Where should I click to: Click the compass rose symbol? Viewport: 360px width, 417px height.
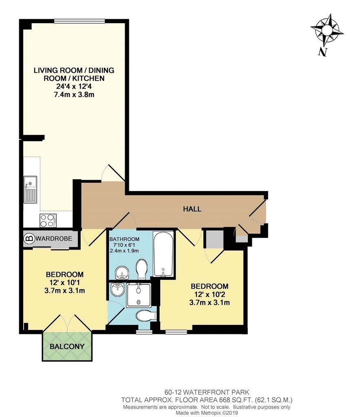point(327,30)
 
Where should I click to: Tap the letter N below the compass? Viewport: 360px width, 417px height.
point(322,52)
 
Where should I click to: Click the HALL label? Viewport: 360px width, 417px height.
point(192,209)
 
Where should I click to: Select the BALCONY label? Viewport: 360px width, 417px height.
point(67,346)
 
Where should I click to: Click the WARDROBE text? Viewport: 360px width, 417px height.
point(54,238)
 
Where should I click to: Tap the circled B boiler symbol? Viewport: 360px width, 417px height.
point(29,238)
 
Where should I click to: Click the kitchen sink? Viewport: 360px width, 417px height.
point(30,189)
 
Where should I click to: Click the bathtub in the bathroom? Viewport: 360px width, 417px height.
point(163,254)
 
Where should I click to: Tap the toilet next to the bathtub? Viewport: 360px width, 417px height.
point(141,270)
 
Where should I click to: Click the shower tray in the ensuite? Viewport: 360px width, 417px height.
point(139,295)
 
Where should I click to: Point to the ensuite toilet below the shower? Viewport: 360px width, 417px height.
point(146,316)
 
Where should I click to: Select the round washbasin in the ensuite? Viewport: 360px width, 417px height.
point(117,290)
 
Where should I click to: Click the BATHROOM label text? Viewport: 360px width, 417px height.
point(124,239)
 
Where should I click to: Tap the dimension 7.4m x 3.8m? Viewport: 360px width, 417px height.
point(74,94)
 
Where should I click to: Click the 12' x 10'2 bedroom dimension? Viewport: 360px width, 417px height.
point(209,294)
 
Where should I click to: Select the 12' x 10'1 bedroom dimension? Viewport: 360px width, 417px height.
point(65,283)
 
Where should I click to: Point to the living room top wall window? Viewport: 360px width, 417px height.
point(80,21)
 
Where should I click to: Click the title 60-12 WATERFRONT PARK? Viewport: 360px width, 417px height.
point(207,392)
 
